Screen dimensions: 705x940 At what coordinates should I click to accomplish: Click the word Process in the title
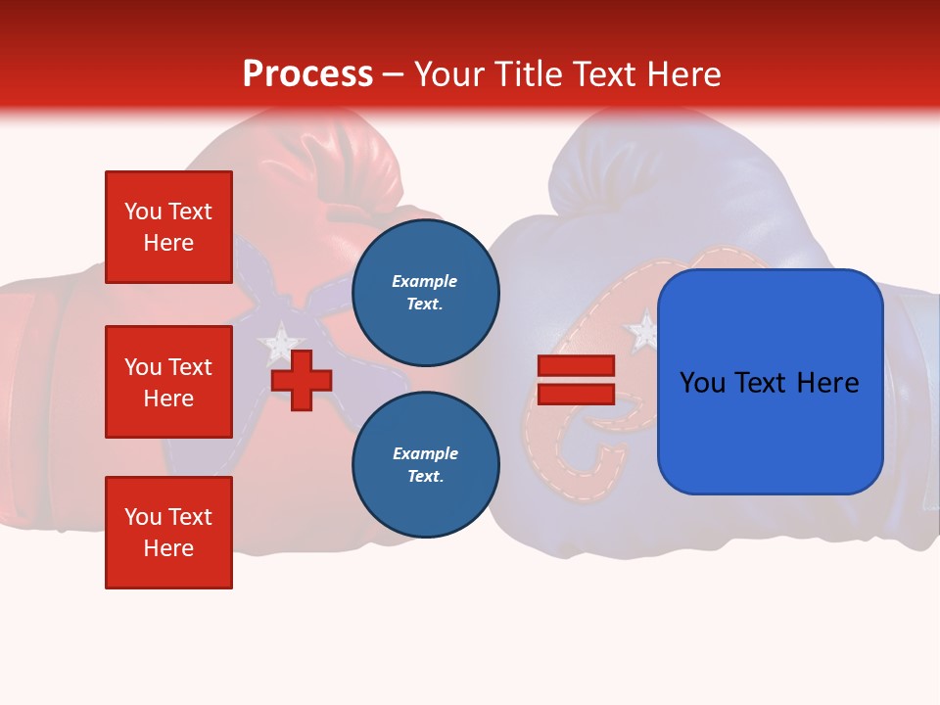pyautogui.click(x=307, y=74)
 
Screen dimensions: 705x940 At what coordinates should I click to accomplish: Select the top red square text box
pyautogui.click(x=168, y=227)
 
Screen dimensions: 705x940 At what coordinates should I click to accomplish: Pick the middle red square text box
pyautogui.click(x=168, y=382)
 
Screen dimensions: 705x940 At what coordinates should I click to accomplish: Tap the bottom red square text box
pyautogui.click(x=168, y=533)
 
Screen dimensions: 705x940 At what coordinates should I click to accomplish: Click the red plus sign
pyautogui.click(x=302, y=380)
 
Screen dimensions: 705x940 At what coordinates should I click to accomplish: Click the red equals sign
pyautogui.click(x=576, y=380)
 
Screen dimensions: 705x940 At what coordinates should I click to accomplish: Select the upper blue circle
pyautogui.click(x=425, y=292)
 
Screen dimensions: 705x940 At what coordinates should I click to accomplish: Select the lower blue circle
pyautogui.click(x=425, y=464)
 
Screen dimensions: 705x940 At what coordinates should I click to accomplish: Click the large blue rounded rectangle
pyautogui.click(x=770, y=382)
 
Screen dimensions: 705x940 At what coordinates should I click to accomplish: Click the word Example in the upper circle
pyautogui.click(x=425, y=282)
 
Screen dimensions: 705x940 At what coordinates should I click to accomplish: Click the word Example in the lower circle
pyautogui.click(x=425, y=454)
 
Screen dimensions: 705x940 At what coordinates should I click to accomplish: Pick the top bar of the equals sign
pyautogui.click(x=576, y=366)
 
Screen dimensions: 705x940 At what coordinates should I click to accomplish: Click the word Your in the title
pyautogui.click(x=447, y=74)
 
